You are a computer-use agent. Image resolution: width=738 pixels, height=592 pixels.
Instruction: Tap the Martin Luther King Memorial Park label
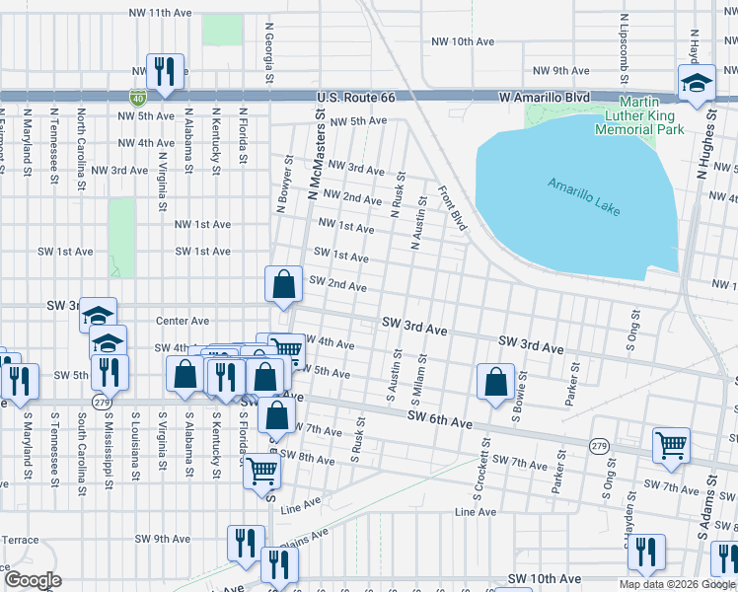(x=651, y=115)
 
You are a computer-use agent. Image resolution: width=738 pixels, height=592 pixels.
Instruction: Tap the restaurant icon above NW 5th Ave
(x=161, y=71)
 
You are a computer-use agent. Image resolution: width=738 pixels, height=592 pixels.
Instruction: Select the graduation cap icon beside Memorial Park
(x=696, y=83)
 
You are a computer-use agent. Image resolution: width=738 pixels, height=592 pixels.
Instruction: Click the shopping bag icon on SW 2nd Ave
(x=283, y=284)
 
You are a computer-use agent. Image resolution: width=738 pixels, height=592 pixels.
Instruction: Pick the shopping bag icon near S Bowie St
(x=494, y=383)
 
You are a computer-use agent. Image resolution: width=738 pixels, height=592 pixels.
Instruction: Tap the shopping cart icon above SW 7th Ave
(x=671, y=444)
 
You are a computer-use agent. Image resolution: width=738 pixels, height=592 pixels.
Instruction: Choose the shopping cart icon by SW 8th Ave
(x=261, y=472)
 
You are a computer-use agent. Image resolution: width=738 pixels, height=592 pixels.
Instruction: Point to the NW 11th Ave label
(x=163, y=11)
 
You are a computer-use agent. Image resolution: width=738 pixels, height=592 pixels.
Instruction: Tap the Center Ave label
(x=183, y=321)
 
